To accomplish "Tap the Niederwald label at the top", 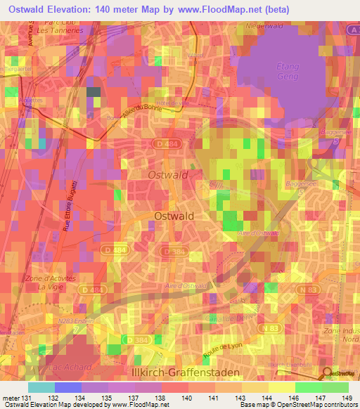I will coord(264,26).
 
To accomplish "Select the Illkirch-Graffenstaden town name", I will coord(193,371).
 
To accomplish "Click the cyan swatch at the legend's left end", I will coord(41,387).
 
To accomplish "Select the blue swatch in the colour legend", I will coord(67,387).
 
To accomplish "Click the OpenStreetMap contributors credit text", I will coord(300,405).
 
